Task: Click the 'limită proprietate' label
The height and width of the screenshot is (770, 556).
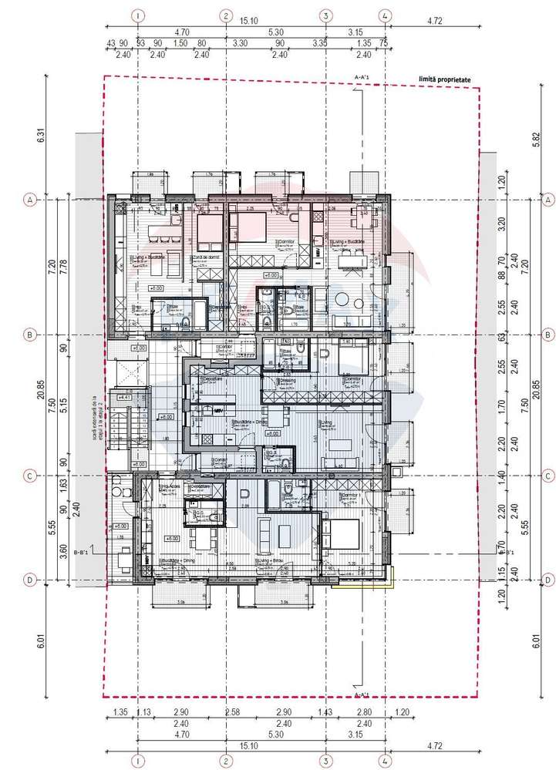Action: pyautogui.click(x=443, y=79)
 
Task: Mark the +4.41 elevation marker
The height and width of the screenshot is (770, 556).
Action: pyautogui.click(x=123, y=397)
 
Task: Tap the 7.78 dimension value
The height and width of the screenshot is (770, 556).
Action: pyautogui.click(x=63, y=267)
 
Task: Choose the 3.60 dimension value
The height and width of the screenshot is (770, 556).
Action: pyautogui.click(x=63, y=551)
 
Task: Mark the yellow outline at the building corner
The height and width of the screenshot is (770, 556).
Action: pyautogui.click(x=393, y=577)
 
